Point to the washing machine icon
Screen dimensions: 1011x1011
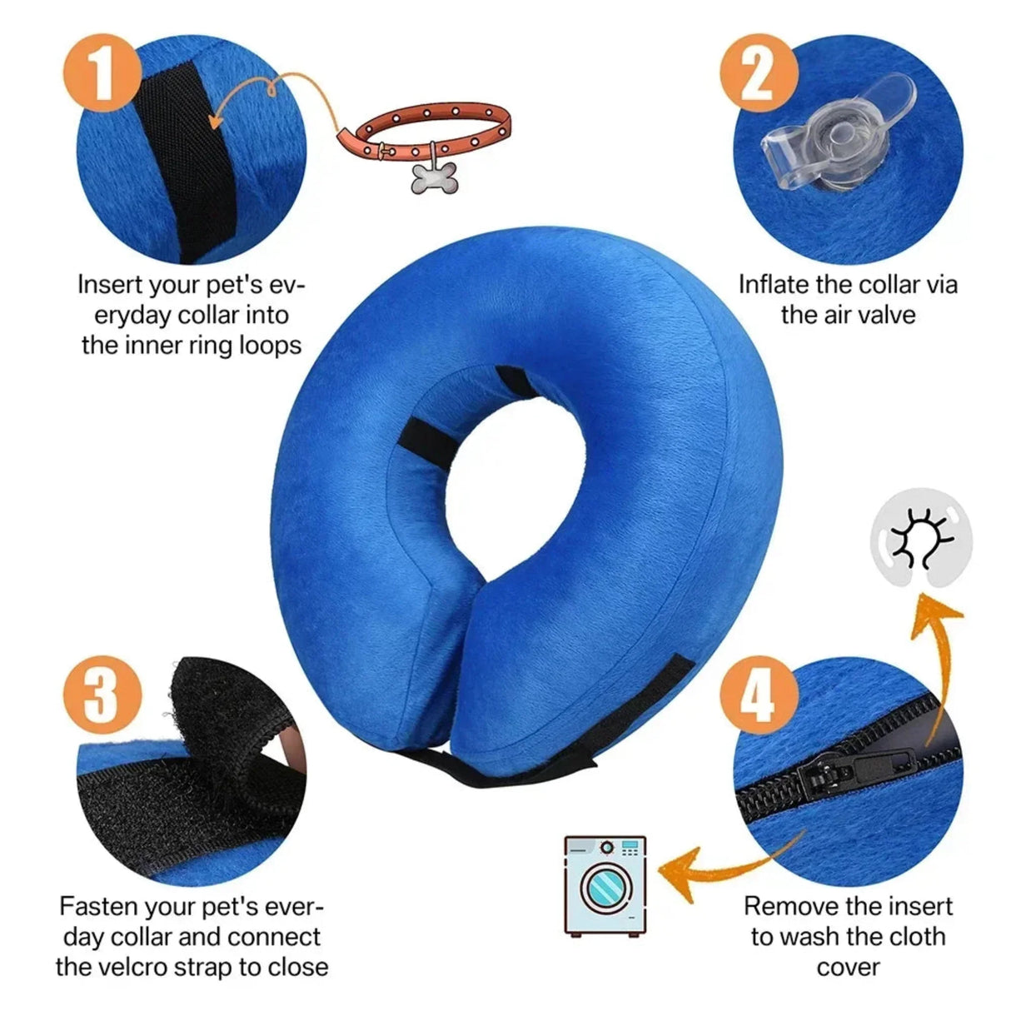605,885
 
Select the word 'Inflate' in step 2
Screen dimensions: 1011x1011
774,285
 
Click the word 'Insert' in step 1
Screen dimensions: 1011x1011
111,285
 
